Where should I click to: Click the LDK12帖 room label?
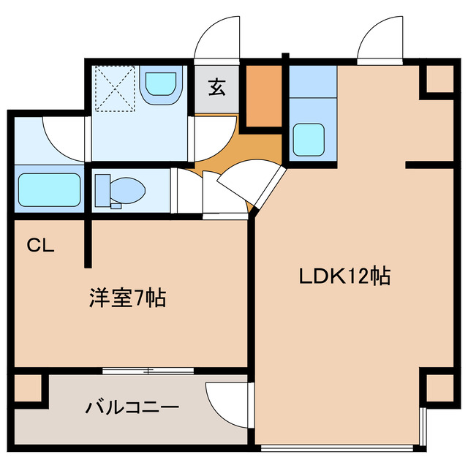(344, 276)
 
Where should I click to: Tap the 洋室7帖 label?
(127, 298)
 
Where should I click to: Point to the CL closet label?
(41, 246)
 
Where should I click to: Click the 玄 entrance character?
(217, 87)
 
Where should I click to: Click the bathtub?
(49, 191)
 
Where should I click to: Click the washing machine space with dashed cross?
(114, 86)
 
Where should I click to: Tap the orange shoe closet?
(263, 96)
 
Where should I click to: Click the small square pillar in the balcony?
(29, 388)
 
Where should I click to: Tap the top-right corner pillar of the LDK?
(438, 80)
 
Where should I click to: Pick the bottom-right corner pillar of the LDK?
(438, 388)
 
